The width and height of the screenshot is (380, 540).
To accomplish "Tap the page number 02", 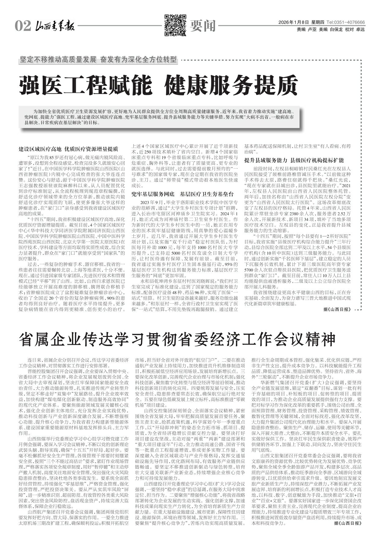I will pos(23,26).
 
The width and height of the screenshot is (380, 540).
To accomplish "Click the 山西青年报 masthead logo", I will pos(54,26).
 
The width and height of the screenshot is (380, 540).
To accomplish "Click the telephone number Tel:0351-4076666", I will pos(345,23).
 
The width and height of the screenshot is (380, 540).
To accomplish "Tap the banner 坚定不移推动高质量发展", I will pos(58,60).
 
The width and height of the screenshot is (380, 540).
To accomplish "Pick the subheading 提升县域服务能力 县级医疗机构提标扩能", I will pos(294,160).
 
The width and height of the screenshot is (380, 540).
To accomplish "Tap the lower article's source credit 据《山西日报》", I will pos(348,523).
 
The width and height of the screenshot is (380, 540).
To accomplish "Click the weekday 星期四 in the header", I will pos(318,23).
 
